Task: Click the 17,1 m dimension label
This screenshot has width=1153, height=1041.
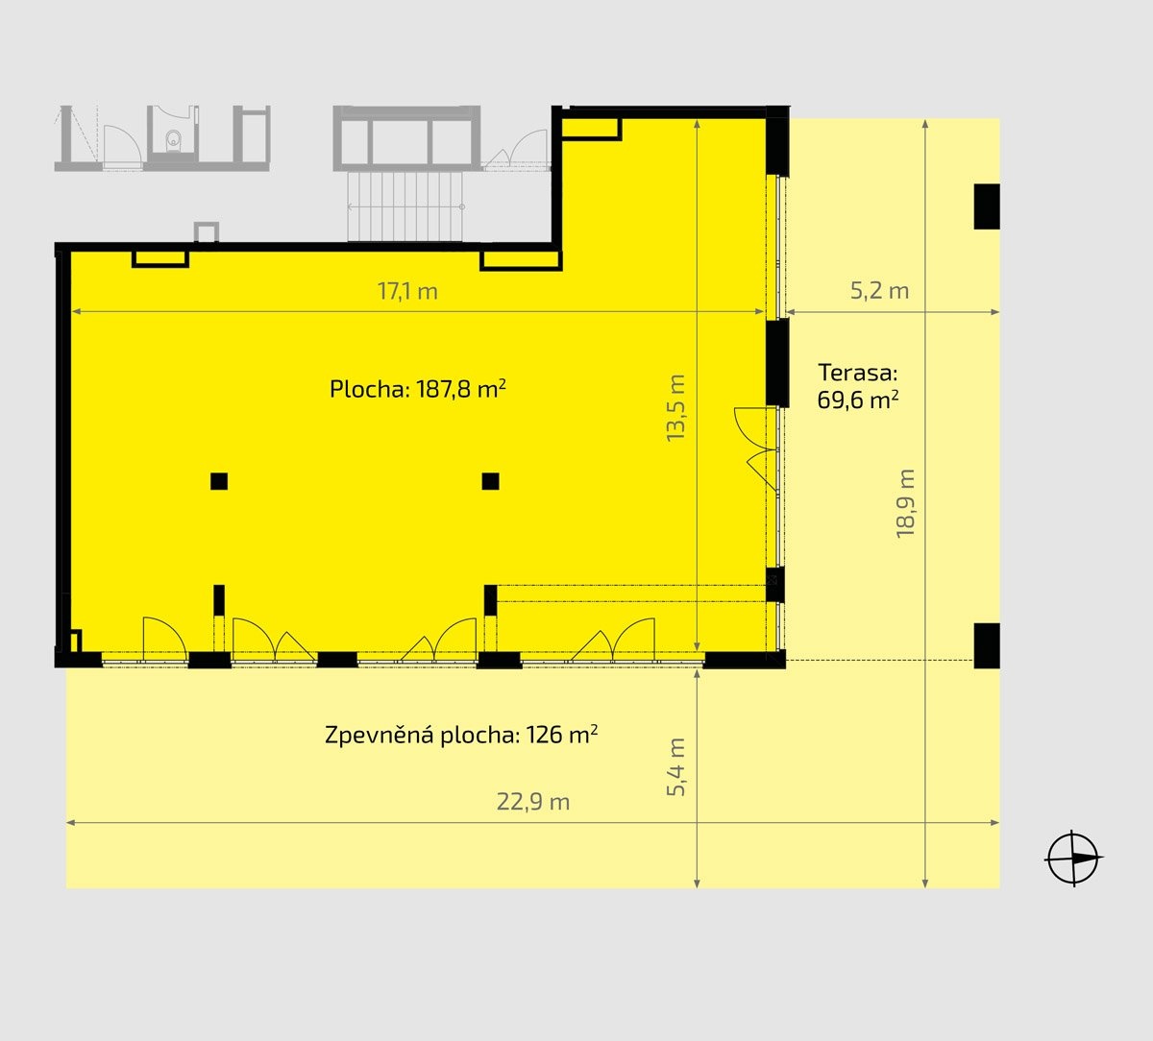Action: point(407,291)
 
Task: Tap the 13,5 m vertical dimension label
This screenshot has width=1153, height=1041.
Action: point(675,408)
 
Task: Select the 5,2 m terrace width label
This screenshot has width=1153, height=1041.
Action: point(879,291)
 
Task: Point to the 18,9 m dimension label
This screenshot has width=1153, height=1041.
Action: point(905,504)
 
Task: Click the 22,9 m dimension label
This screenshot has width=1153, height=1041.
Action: point(533,802)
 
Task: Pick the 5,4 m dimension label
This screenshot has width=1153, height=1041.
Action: point(675,767)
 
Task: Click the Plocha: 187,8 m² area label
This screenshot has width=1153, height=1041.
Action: point(418,389)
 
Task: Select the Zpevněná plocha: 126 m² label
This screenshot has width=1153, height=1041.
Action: point(461,735)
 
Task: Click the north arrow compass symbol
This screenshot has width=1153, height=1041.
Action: point(1073,858)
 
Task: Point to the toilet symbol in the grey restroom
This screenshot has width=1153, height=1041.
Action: point(172,139)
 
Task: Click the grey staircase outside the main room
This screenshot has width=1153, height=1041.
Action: point(405,206)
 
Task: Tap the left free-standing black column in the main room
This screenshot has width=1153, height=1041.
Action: point(219,481)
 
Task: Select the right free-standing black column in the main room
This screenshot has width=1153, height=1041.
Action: point(490,481)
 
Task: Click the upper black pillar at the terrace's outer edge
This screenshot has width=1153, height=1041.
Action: point(987,206)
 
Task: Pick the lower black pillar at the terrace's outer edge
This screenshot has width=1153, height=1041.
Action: point(987,645)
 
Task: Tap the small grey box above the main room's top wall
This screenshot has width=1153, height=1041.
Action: point(207,232)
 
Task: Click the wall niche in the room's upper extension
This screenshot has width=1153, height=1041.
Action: point(591,130)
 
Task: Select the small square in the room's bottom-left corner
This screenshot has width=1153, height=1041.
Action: point(75,642)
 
